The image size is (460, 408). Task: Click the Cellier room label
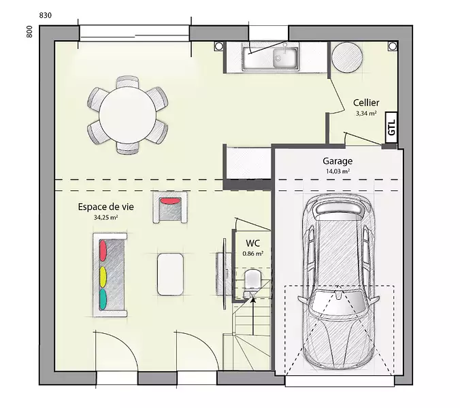(366, 103)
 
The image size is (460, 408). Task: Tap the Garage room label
(338, 161)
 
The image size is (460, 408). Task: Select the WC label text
(253, 243)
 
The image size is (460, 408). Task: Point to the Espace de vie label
(105, 207)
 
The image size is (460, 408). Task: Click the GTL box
(391, 128)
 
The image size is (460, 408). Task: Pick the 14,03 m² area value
(338, 171)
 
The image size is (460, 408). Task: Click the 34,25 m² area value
(105, 218)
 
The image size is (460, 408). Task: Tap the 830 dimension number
(45, 15)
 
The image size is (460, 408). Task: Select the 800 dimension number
(29, 32)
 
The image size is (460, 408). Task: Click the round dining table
(128, 115)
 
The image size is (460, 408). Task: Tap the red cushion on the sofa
(103, 250)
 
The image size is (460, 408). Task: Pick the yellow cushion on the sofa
(103, 277)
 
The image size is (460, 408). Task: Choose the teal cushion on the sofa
(103, 299)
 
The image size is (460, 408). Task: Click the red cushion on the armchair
(170, 201)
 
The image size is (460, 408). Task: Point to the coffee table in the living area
(170, 274)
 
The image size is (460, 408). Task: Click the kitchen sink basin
(285, 58)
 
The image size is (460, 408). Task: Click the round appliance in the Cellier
(347, 57)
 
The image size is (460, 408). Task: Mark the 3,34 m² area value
(366, 114)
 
